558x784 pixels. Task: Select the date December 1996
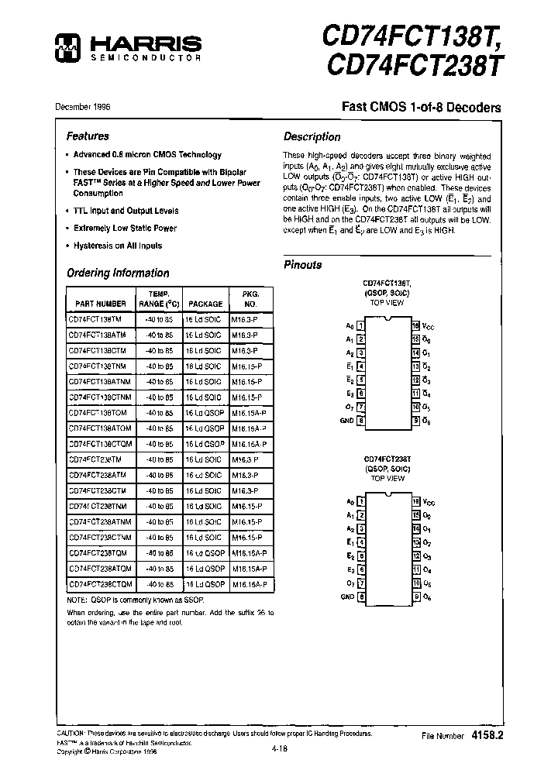(x=81, y=106)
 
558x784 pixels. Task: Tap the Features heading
(x=88, y=136)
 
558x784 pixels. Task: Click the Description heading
(x=312, y=137)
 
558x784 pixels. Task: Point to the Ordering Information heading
(x=118, y=273)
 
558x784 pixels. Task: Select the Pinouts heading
(x=302, y=265)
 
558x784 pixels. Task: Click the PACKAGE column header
(x=205, y=304)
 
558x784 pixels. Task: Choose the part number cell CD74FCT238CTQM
(x=101, y=583)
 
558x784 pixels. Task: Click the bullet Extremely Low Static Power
(x=125, y=229)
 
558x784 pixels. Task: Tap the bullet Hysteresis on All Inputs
(x=118, y=246)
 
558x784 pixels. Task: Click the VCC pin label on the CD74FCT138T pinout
(x=429, y=327)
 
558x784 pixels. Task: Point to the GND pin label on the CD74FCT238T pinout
(x=346, y=597)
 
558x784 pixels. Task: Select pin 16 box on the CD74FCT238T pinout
(x=416, y=501)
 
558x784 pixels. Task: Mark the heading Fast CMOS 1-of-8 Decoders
(x=422, y=108)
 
